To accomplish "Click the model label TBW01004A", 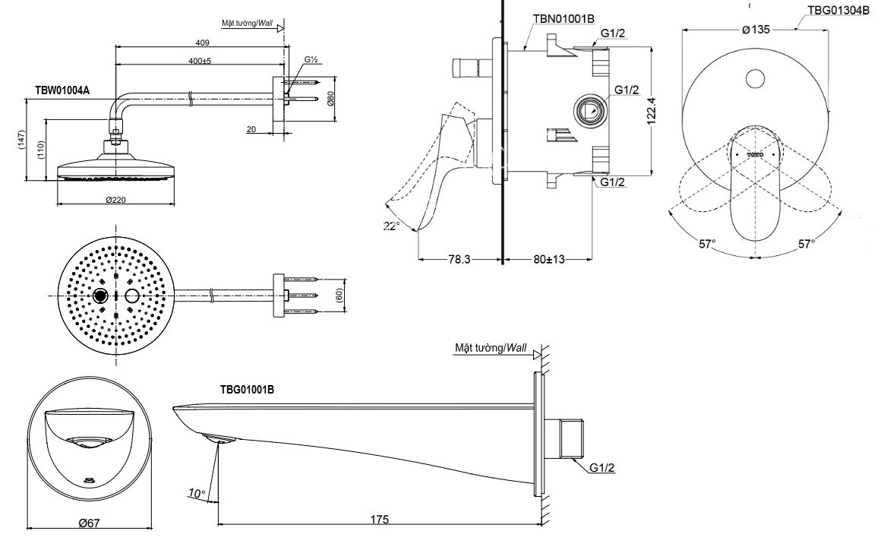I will pyautogui.click(x=62, y=90).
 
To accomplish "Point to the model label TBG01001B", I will pyautogui.click(x=247, y=389).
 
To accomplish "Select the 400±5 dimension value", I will pyautogui.click(x=200, y=61).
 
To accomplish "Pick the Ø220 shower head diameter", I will pyautogui.click(x=115, y=199).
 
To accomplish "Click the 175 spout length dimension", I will pyautogui.click(x=380, y=520).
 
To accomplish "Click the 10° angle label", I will pyautogui.click(x=197, y=494).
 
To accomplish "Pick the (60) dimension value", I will pyautogui.click(x=339, y=294).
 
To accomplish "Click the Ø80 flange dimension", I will pyautogui.click(x=331, y=100).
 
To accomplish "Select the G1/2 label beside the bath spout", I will pyautogui.click(x=601, y=469).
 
